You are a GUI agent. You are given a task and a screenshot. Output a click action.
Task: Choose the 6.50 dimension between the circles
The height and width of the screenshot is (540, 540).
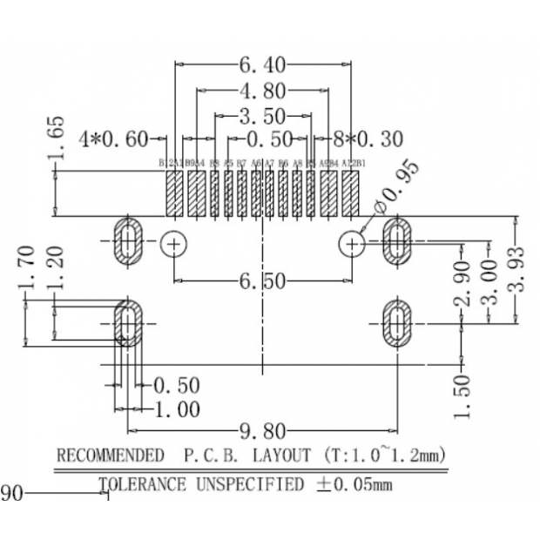click(262, 280)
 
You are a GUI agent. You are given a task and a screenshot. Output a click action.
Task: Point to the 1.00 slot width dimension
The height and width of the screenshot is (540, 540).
click(178, 408)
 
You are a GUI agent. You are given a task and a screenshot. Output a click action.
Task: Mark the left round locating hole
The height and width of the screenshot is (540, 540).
click(174, 244)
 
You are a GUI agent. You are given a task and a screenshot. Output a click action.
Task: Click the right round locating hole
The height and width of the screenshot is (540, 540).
click(353, 244)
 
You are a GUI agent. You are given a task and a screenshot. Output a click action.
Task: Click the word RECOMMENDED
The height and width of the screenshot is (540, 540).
click(110, 456)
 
